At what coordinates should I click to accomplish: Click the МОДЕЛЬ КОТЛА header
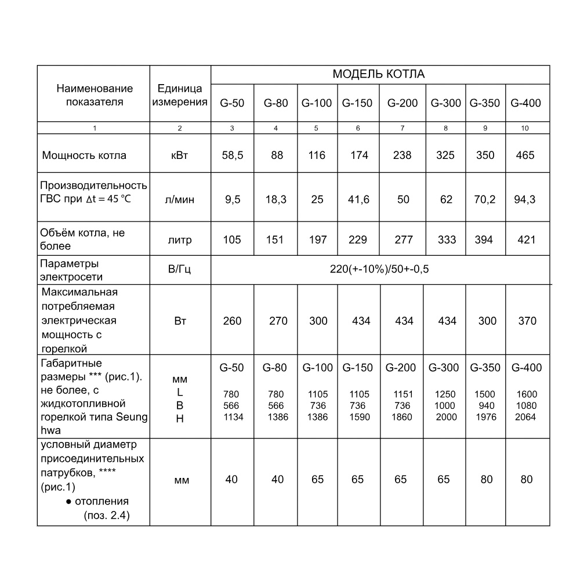[x=379, y=74]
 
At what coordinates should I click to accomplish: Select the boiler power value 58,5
[x=231, y=155]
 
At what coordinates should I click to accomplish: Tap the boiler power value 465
[x=525, y=155]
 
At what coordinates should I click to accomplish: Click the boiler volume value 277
[x=402, y=240]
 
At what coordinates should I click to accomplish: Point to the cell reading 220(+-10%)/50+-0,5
[x=380, y=269]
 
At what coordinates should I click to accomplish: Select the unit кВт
[x=180, y=155]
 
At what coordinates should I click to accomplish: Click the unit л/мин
[x=180, y=200]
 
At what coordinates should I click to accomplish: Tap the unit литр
[x=180, y=240]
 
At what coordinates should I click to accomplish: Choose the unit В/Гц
[x=180, y=269]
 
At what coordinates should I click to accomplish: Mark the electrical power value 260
[x=232, y=321]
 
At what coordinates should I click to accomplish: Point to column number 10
[x=525, y=128]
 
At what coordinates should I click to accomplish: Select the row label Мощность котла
[x=84, y=155]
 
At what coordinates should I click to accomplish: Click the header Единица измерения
[x=180, y=96]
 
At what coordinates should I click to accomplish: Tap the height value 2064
[x=526, y=417]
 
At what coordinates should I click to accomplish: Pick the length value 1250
[x=445, y=394]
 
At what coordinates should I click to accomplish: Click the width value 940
[x=487, y=406]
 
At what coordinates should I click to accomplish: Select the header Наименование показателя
[x=95, y=96]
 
